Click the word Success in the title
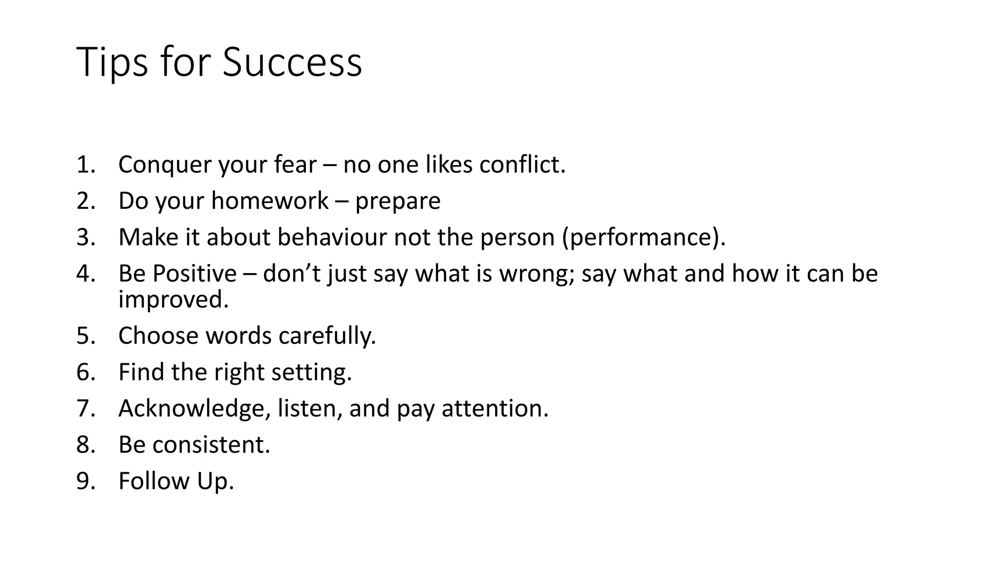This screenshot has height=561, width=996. point(292,62)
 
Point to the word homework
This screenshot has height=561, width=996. point(270,201)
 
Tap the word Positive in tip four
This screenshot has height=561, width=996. point(194,273)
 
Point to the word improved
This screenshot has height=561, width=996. point(173,299)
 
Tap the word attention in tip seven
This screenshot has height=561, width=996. point(495,409)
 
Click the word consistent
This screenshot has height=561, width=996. point(211,445)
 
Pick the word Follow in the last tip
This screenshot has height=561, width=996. point(154,481)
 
